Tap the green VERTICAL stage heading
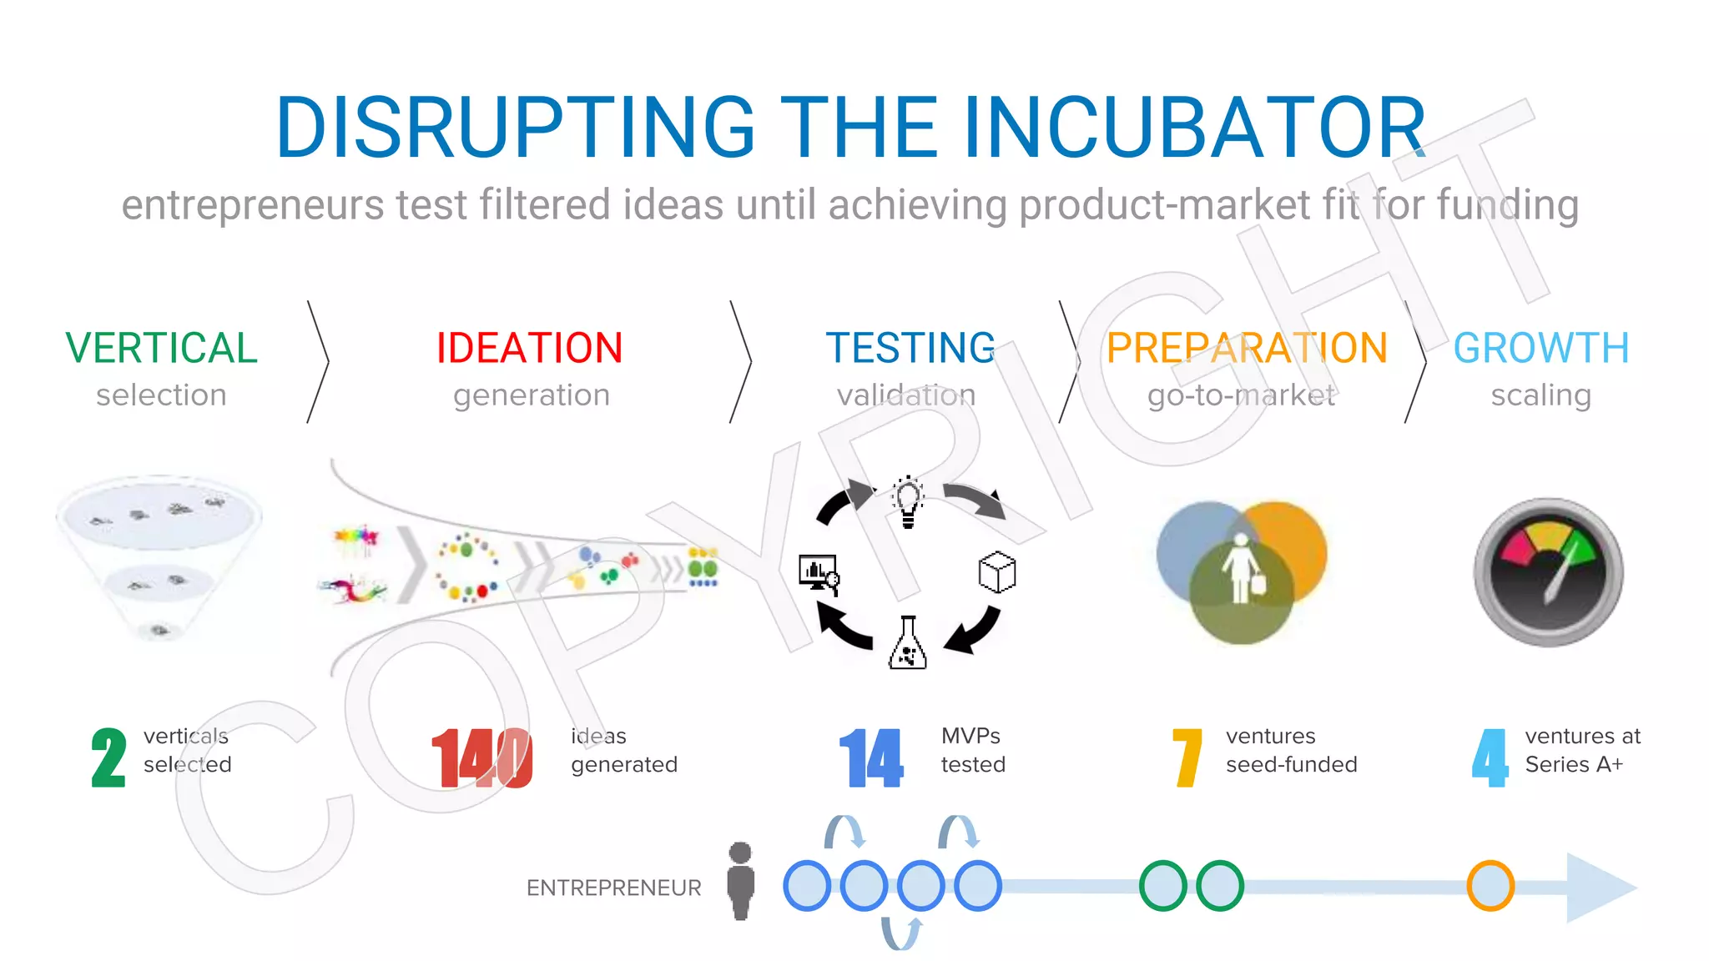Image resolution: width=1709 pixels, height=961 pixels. tap(161, 348)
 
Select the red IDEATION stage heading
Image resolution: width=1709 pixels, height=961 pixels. tap(529, 348)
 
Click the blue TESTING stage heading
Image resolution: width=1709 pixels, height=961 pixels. tap(910, 348)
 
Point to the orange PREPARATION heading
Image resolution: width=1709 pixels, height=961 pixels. tap(1247, 348)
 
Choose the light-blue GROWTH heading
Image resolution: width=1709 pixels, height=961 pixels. tap(1540, 348)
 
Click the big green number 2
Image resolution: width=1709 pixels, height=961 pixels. tap(108, 757)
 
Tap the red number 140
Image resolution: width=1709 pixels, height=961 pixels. tap(481, 757)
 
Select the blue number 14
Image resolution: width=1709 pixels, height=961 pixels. tap(870, 757)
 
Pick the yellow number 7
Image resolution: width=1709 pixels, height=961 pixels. tap(1187, 757)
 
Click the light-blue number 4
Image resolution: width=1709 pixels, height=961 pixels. tap(1490, 757)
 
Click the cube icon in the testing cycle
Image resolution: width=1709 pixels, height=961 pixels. tap(996, 572)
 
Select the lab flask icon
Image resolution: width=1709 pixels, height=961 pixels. tap(908, 643)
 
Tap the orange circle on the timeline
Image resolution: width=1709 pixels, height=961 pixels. tap(1490, 885)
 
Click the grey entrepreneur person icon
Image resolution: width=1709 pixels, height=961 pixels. tap(740, 881)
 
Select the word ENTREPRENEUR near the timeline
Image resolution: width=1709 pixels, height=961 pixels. tap(613, 888)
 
